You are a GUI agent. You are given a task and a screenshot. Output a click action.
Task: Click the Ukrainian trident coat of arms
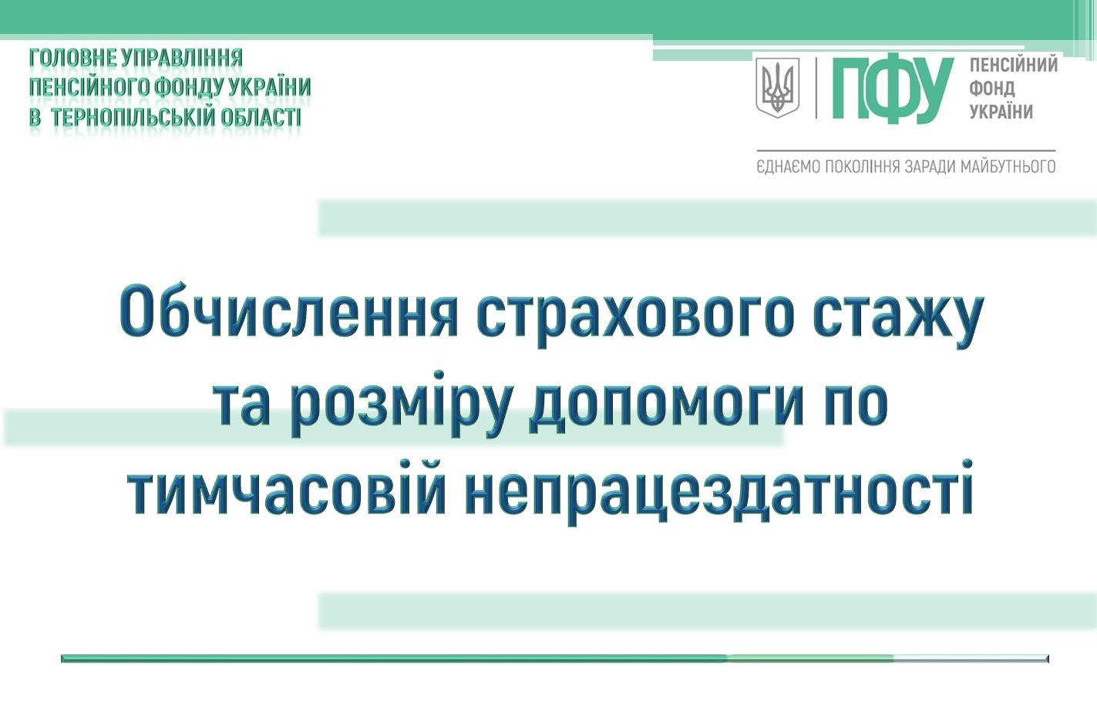[x=778, y=88]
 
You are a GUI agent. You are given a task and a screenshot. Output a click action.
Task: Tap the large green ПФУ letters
[x=893, y=89]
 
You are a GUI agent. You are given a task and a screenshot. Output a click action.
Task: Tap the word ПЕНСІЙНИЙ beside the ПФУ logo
[x=1014, y=65]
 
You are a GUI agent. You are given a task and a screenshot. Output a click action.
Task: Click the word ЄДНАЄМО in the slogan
[x=788, y=167]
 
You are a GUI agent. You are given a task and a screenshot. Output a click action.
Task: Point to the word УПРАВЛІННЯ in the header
[x=182, y=58]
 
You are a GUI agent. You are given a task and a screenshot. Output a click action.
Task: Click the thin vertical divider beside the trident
[x=816, y=88]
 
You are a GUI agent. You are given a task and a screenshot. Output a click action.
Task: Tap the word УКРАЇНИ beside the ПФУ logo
[x=1001, y=112]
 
